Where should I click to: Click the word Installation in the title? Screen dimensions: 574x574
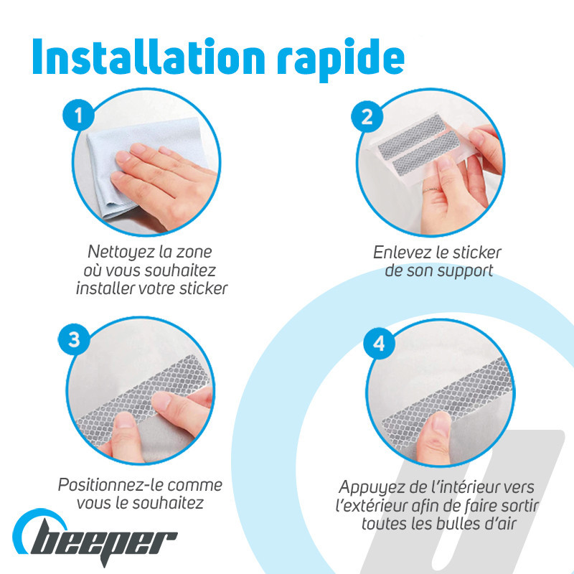[149, 57]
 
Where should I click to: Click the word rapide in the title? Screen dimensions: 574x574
[340, 60]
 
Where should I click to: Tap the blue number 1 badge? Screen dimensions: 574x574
[78, 115]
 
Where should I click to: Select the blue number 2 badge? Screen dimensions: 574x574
[367, 117]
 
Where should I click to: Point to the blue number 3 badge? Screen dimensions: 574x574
[74, 339]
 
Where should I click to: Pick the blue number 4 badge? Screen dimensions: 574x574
[379, 344]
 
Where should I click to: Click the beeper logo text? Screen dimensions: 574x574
[104, 543]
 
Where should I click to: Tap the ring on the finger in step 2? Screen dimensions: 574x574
[432, 190]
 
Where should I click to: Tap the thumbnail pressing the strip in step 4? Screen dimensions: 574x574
[441, 424]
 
